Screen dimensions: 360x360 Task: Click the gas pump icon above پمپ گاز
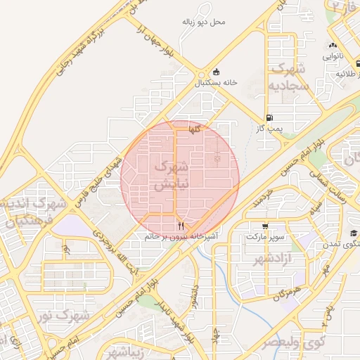(269, 118)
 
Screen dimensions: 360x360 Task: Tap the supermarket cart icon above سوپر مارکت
(264, 226)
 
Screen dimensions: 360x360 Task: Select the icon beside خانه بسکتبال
(215, 72)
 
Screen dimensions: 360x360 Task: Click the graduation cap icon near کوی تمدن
(354, 233)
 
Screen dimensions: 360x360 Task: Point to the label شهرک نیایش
(170, 176)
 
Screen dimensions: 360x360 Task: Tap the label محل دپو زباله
(204, 22)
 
